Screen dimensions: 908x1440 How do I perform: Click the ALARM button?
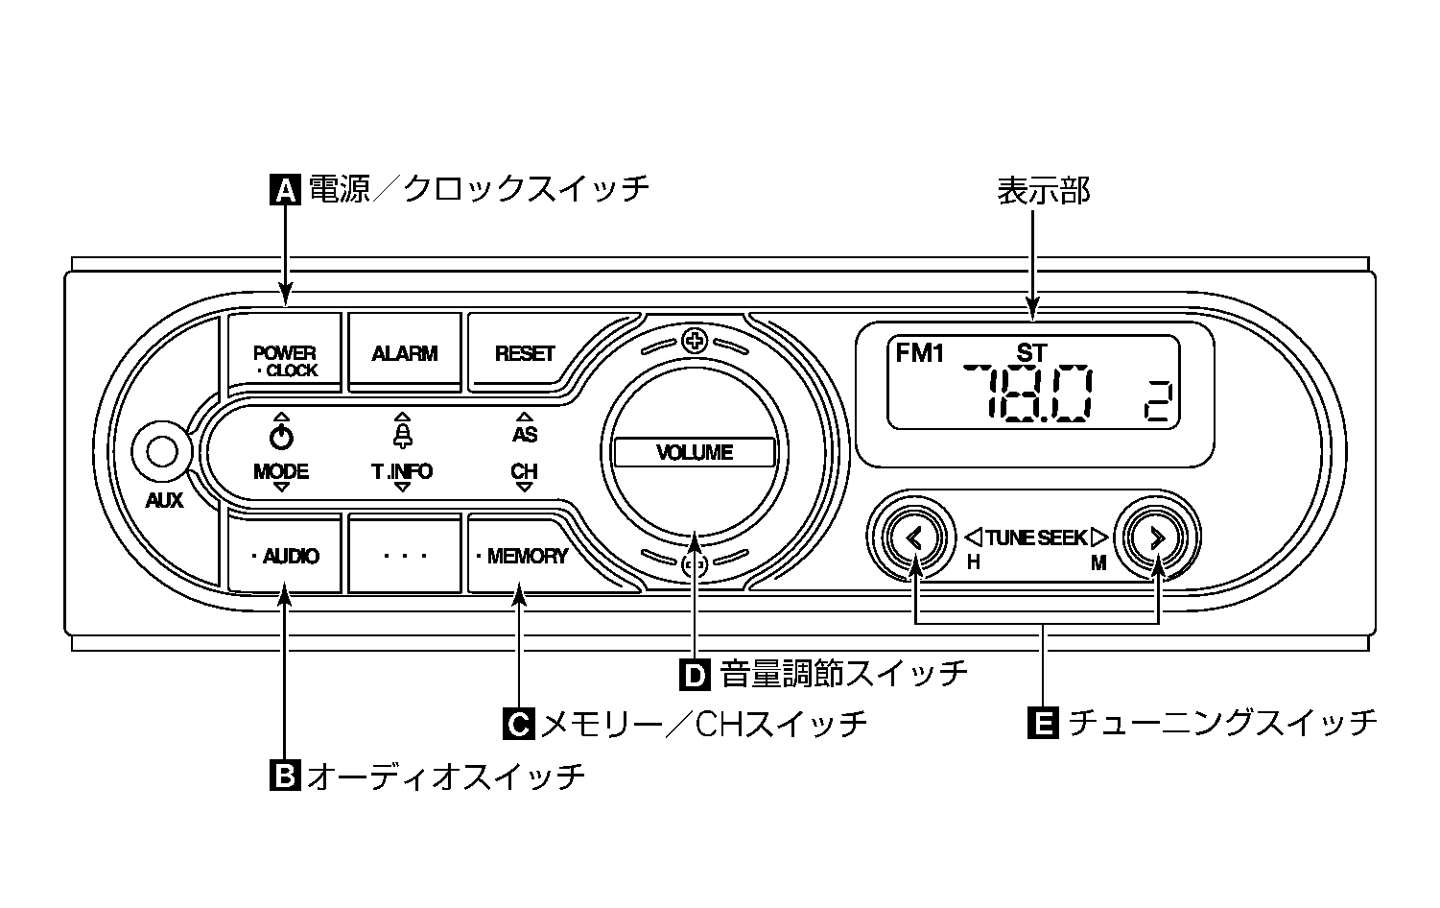click(x=404, y=353)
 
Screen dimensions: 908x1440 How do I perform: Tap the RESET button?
click(x=524, y=353)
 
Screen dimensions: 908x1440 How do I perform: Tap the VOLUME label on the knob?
click(x=695, y=452)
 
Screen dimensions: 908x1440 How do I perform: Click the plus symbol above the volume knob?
click(x=695, y=341)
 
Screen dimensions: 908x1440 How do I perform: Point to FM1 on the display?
click(x=919, y=353)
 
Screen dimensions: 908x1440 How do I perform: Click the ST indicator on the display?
click(x=1031, y=353)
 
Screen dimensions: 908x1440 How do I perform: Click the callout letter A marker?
click(x=285, y=189)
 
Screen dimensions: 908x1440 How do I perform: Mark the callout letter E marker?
click(x=1042, y=723)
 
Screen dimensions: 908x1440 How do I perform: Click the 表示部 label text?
click(x=1043, y=190)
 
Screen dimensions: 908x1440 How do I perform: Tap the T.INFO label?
click(x=402, y=471)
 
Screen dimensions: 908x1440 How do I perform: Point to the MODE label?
click(x=281, y=471)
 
